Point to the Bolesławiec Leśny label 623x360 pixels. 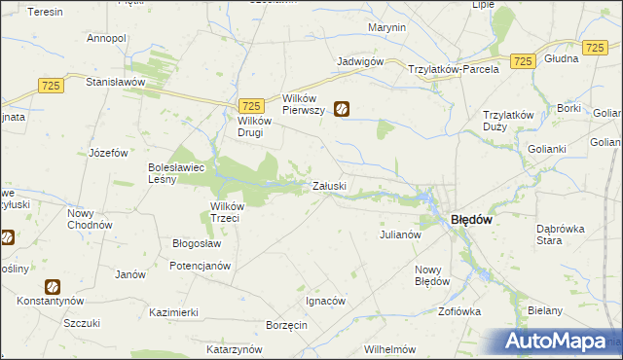coord(175,173)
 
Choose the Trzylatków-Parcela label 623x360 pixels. coord(454,69)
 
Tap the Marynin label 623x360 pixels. coord(387,27)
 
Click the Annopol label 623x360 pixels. coord(107,38)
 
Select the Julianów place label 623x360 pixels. coord(399,234)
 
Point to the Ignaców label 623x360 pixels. coord(326,302)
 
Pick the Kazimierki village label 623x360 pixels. coord(174,312)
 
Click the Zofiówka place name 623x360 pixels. coord(459,312)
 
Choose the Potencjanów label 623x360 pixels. coord(200,266)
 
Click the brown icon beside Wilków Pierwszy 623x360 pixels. coord(342,110)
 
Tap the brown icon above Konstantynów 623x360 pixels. coord(52,287)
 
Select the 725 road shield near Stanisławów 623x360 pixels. coord(52,87)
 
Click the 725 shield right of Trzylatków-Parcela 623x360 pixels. coord(523,61)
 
